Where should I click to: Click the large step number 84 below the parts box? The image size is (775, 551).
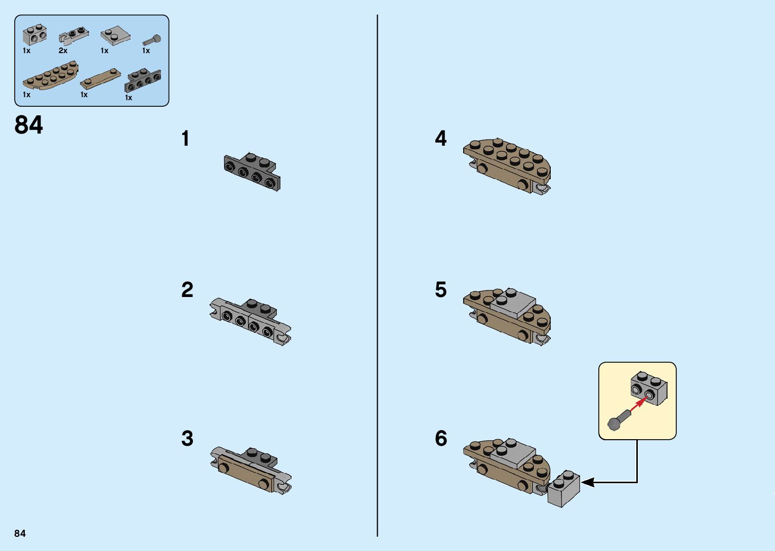point(29,125)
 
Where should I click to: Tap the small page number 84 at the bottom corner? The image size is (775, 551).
point(20,533)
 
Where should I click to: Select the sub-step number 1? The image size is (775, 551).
point(185,139)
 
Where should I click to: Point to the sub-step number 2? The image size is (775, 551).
point(187,290)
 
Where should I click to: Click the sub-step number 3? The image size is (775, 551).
point(187,439)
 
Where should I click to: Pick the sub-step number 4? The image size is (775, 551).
point(441,139)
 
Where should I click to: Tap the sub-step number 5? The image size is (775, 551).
point(441,290)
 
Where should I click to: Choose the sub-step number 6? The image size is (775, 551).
point(441,439)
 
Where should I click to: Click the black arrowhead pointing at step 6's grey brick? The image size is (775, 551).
point(588,482)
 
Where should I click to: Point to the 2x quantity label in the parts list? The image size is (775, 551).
point(63,51)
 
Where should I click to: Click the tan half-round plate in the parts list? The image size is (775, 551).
point(51,76)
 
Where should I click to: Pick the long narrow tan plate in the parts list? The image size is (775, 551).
point(101,79)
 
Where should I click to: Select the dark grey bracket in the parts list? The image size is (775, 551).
point(143,80)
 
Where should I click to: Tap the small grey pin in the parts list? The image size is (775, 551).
point(151,40)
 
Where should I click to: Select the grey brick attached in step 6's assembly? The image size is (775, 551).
point(563,489)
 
